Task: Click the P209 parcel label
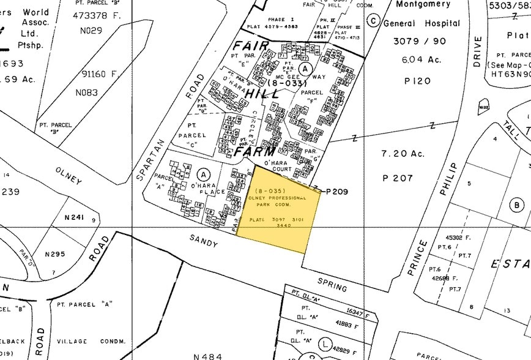336,192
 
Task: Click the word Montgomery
424,5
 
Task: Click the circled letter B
518,205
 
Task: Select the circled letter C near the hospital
373,20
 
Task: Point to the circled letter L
325,343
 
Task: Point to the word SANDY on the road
203,242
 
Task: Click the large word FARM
251,150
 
